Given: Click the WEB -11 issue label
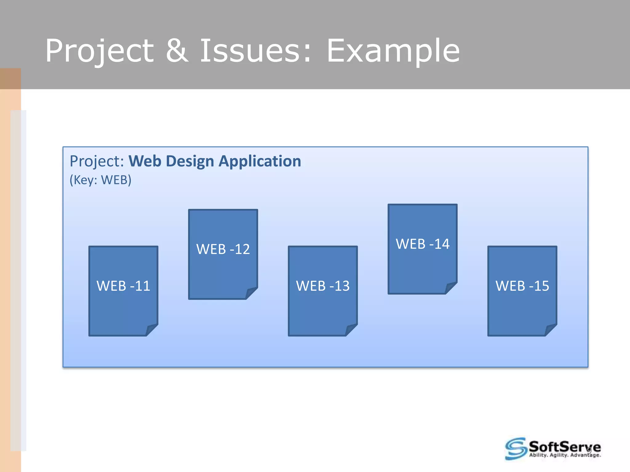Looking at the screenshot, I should pyautogui.click(x=123, y=286).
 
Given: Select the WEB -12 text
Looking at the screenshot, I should pyautogui.click(x=223, y=249).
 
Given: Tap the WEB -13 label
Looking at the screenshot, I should pyautogui.click(x=323, y=286).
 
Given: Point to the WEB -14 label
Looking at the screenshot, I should pyautogui.click(x=423, y=244).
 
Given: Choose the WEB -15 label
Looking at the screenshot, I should pyautogui.click(x=522, y=286).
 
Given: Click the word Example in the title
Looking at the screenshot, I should pyautogui.click(x=393, y=51).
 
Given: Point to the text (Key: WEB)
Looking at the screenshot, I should pyautogui.click(x=100, y=180).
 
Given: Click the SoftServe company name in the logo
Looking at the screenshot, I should pyautogui.click(x=564, y=446).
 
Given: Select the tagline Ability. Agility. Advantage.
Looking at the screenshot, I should pyautogui.click(x=565, y=455).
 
